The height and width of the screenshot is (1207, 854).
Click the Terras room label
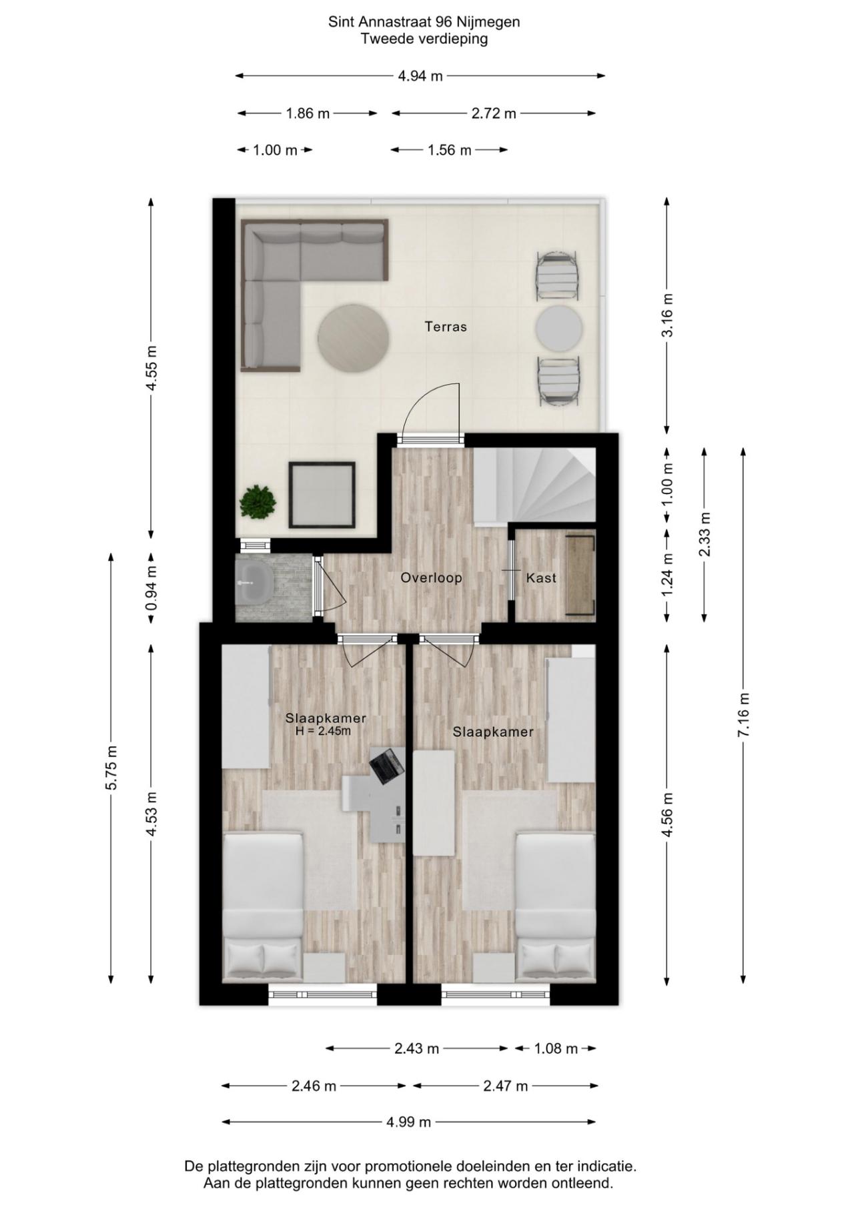coord(446,327)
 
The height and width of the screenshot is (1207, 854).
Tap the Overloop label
coord(431,577)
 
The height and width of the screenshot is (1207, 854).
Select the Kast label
coord(541,577)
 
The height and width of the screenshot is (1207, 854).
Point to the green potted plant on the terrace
coord(258,501)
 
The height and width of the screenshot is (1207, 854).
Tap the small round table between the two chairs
coord(558,327)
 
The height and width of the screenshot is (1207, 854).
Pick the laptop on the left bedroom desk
coord(387,766)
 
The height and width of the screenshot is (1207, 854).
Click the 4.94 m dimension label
coord(420,76)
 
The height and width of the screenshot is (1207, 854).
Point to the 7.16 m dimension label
coord(744,714)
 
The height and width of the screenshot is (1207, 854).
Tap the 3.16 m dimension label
coord(667,315)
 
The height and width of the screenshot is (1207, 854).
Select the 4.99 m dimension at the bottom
coord(408,1122)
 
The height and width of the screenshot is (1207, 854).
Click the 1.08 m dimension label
coord(556,1049)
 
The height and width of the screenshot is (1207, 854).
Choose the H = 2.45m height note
coord(323,731)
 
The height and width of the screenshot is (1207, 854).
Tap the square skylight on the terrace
coord(321,494)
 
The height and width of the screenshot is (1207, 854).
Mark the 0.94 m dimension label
coord(152,587)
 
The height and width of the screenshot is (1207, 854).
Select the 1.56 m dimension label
coord(450,150)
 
